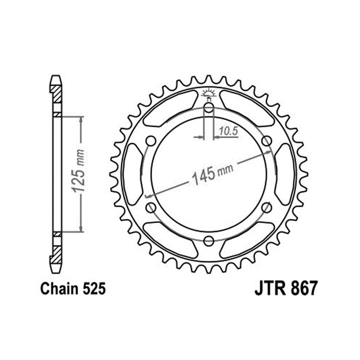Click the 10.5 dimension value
(228, 131)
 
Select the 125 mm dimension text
(78, 171)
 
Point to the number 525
(94, 289)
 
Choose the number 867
(305, 288)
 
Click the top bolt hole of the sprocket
(209, 107)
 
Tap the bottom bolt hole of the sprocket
(209, 240)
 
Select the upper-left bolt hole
(151, 141)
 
